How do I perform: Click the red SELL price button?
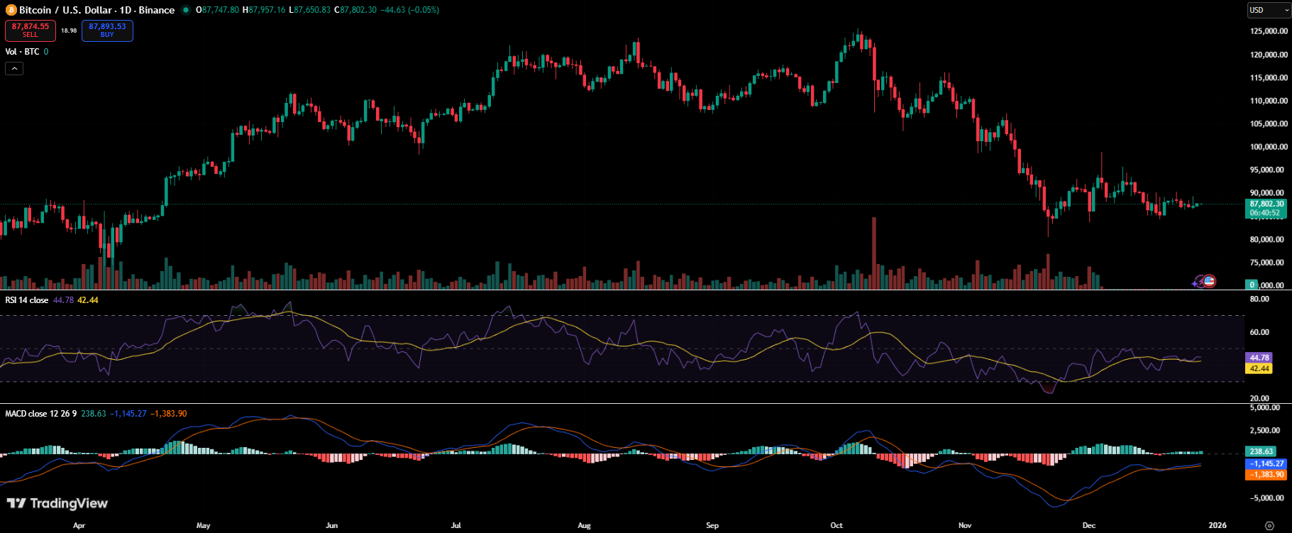coord(31,31)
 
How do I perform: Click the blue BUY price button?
coord(107,31)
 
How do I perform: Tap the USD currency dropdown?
coord(1269,10)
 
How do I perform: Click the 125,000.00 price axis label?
coord(1269,31)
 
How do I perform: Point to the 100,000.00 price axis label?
coord(1269,147)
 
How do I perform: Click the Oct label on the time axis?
coord(837,525)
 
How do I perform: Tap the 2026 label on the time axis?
coord(1217,525)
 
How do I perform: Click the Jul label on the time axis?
coord(455,525)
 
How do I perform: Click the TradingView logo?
coord(57,503)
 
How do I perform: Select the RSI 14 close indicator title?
coord(27,300)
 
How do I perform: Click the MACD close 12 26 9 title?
coord(40,414)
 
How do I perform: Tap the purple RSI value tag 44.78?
coord(1259,358)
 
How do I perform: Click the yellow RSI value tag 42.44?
coord(1259,368)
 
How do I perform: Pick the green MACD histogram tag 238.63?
coord(1261,451)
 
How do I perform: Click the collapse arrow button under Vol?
coord(14,68)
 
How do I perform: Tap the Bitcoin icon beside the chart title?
coord(11,10)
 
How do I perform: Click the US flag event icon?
coord(1209,281)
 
